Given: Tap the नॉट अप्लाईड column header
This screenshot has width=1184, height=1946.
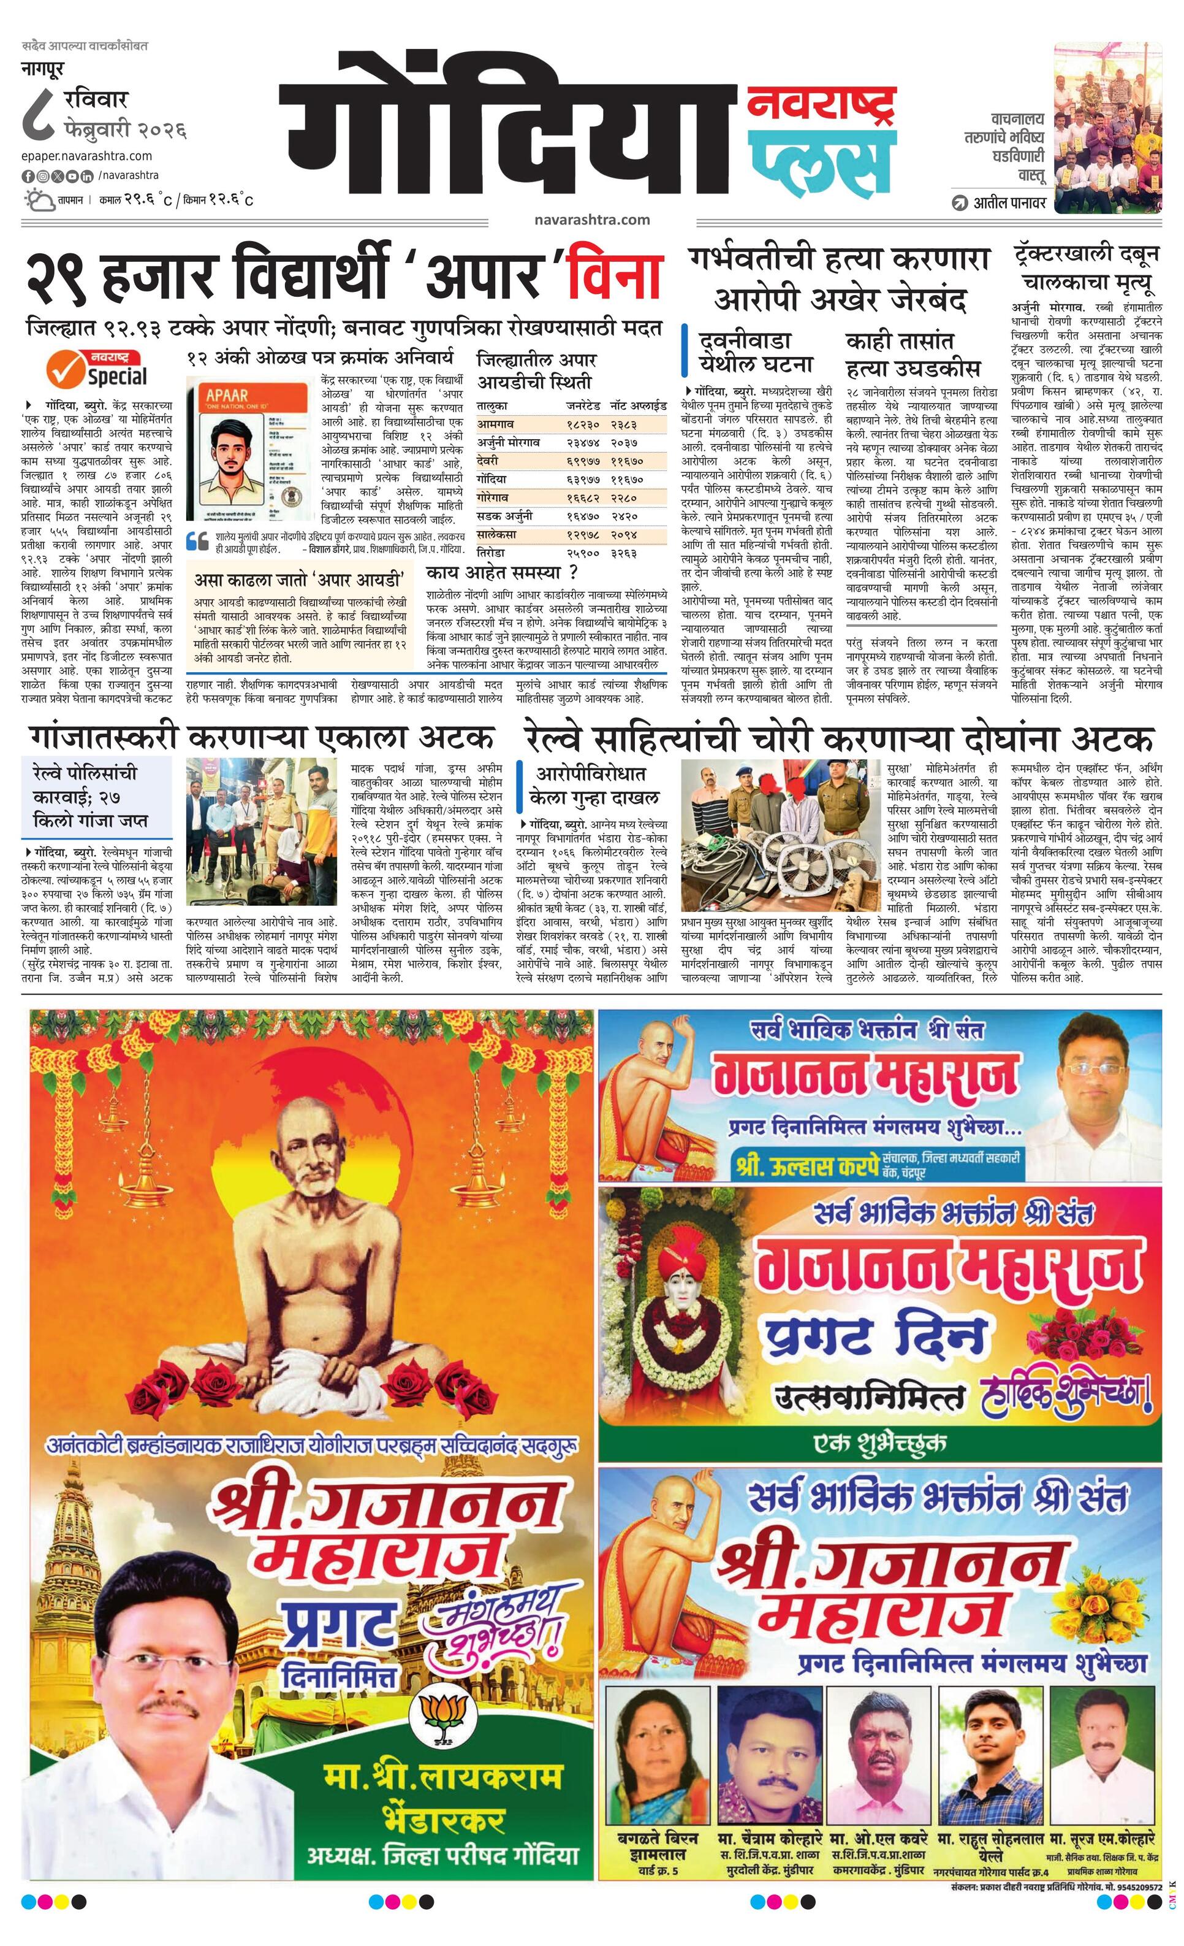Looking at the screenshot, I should coord(638,406).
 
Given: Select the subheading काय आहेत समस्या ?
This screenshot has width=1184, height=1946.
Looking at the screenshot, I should coord(501,572).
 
